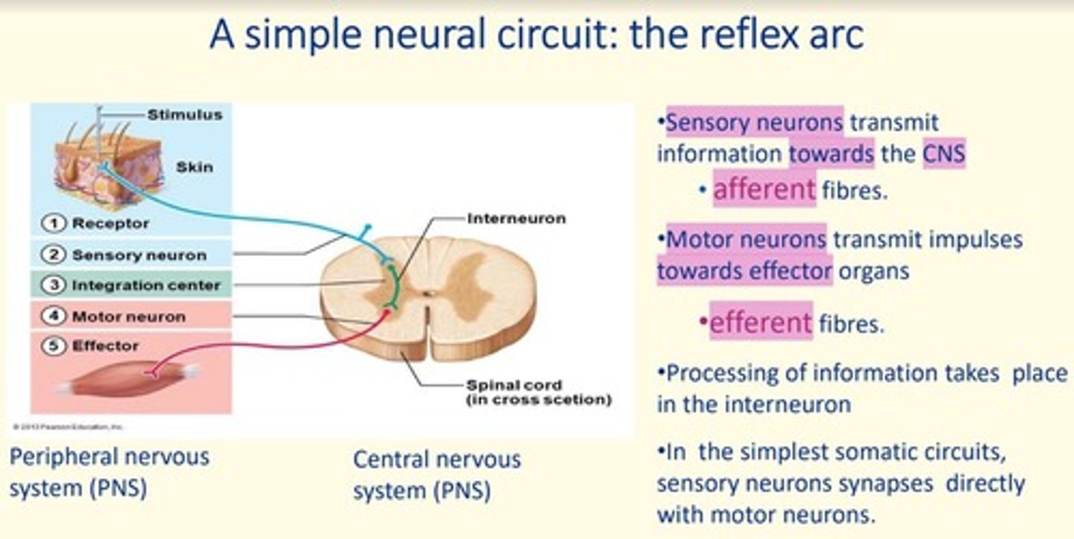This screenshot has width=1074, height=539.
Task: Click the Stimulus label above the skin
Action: point(184,115)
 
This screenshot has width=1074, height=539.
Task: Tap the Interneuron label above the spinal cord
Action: point(516,219)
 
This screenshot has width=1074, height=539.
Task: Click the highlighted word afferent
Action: point(764,190)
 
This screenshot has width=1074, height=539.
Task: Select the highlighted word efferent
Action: point(760,323)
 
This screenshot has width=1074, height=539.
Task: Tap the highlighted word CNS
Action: point(943,155)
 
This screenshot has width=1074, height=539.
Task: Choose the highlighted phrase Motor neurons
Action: point(746,240)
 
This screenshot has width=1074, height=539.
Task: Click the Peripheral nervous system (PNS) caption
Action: point(109,472)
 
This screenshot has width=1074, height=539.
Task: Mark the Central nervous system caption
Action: point(436,475)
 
